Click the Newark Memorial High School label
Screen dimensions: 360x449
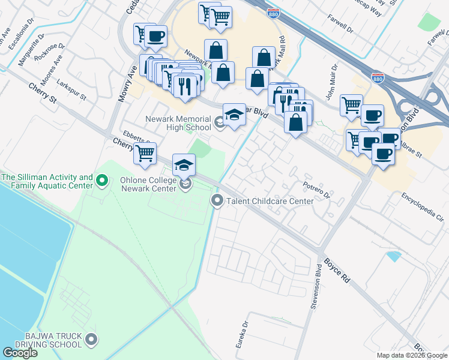(x=177, y=123)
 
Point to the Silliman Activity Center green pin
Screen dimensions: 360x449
(x=101, y=179)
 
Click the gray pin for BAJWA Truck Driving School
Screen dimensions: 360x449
(x=91, y=340)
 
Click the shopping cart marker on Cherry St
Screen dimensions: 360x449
(x=145, y=154)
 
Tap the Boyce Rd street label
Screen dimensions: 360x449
(x=337, y=270)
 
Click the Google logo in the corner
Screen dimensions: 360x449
(x=20, y=353)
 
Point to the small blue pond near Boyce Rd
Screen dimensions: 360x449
(x=394, y=256)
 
